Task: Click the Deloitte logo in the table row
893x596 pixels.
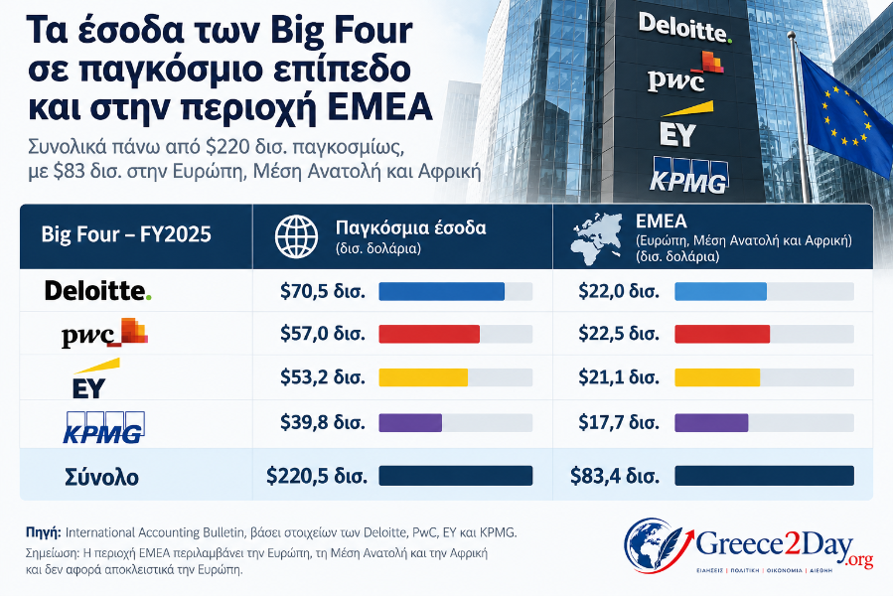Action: [x=98, y=291]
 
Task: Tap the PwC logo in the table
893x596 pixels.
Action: [x=104, y=334]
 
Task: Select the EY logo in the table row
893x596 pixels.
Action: [x=95, y=378]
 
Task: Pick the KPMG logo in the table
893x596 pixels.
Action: [x=103, y=427]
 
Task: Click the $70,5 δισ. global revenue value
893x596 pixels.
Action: [x=323, y=291]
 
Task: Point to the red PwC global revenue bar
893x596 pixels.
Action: [x=429, y=334]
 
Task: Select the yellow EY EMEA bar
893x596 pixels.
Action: [x=717, y=377]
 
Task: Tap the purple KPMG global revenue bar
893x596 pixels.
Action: [x=410, y=423]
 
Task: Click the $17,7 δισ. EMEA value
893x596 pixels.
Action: [x=619, y=423]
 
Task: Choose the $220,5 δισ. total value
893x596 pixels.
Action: [x=317, y=476]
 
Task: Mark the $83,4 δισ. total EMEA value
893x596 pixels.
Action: [x=615, y=476]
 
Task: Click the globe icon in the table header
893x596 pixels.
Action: [x=296, y=236]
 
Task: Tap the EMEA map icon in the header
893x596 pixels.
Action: [x=596, y=238]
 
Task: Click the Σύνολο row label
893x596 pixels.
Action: [x=102, y=477]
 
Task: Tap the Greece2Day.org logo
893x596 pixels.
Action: [x=748, y=545]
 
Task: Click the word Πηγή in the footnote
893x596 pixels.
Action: [x=44, y=532]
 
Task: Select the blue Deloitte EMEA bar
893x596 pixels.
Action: [x=720, y=291]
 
